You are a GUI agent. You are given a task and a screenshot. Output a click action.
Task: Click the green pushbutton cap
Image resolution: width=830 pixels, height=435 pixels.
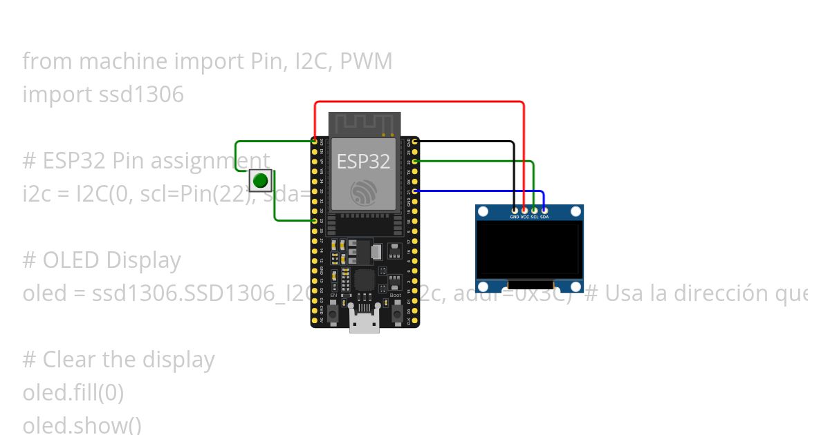260,181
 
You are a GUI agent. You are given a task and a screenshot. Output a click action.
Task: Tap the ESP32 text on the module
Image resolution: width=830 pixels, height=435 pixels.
363,162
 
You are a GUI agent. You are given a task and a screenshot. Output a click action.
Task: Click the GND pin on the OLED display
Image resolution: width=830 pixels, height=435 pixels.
515,209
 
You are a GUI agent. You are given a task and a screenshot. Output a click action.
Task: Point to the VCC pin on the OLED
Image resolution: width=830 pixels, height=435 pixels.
524,209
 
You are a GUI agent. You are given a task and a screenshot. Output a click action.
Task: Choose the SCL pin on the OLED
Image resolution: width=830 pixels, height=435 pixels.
534,209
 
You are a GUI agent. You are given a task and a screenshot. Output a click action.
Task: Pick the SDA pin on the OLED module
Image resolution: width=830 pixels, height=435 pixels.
544,209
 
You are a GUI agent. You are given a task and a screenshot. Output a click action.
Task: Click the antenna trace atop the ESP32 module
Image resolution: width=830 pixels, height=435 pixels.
364,124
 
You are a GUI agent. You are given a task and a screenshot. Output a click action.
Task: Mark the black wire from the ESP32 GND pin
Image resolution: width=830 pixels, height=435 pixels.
470,142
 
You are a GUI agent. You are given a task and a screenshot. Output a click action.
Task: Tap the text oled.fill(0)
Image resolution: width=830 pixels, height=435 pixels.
73,393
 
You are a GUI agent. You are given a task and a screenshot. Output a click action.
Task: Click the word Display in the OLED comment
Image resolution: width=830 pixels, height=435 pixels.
143,260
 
